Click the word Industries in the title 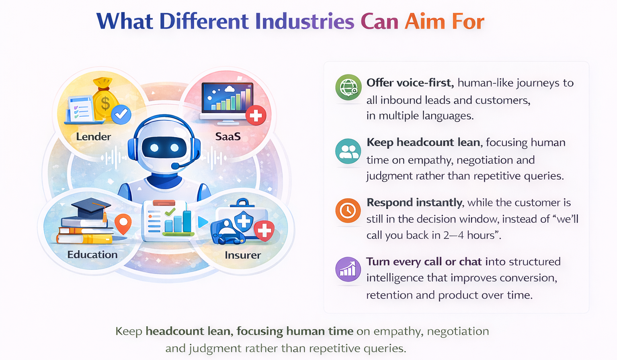tap(305, 22)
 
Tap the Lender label tap(93, 137)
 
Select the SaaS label tap(228, 137)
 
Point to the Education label tap(92, 255)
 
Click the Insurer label tap(243, 255)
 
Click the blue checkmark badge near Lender tap(121, 115)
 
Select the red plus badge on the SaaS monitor tap(256, 116)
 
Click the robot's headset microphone tap(176, 166)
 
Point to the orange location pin tap(123, 224)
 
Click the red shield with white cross tap(264, 231)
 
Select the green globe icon tap(348, 87)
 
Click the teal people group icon tap(348, 151)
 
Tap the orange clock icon tap(348, 210)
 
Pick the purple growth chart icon tap(348, 269)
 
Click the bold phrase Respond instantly tap(414, 202)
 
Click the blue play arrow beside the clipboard tap(203, 222)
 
